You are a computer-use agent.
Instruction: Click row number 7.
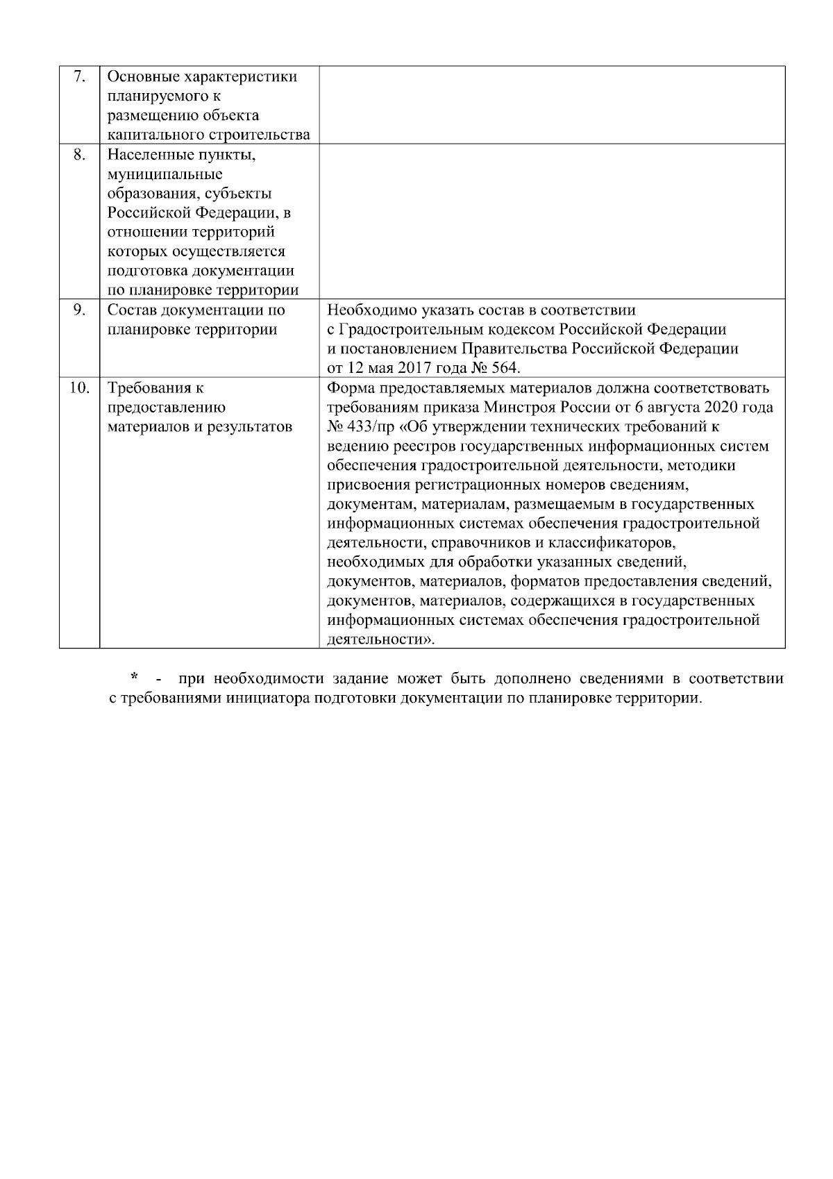[x=79, y=76]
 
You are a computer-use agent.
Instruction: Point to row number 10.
[x=79, y=388]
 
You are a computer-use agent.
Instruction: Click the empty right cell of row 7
[x=552, y=105]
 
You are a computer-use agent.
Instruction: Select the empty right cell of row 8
[x=552, y=221]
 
